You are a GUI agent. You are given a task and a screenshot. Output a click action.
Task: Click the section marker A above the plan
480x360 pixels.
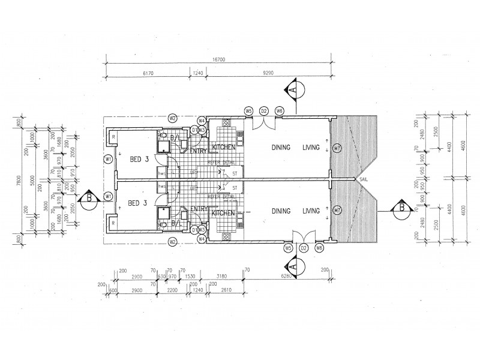click(292, 90)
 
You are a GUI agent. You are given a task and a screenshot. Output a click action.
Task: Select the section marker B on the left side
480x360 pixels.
click(90, 198)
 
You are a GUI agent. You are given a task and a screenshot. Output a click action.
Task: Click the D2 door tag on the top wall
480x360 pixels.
click(264, 111)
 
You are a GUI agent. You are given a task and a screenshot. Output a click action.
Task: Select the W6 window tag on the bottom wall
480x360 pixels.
click(319, 248)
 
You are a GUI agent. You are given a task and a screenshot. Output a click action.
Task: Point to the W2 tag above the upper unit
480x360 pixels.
click(172, 118)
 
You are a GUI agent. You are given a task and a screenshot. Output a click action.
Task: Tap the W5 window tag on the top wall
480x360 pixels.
click(248, 111)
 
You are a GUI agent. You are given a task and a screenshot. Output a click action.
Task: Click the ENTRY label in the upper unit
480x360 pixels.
click(198, 151)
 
